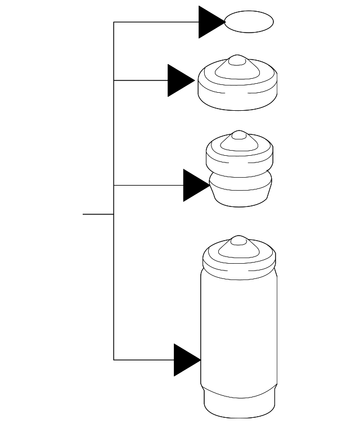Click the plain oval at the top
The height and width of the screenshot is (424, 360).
[x=249, y=22]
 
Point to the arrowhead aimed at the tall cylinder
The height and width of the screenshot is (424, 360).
[x=186, y=359]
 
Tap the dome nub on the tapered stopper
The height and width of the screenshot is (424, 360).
[x=240, y=136]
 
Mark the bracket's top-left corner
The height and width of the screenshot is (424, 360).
[x=114, y=22]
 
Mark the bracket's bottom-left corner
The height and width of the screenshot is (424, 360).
[x=114, y=359]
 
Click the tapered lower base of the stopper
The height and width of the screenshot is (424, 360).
[x=240, y=194]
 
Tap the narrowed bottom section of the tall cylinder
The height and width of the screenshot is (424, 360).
[x=240, y=402]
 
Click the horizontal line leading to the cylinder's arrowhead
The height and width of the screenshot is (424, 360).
[x=144, y=359]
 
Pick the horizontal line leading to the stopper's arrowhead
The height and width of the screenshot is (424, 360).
[x=148, y=185]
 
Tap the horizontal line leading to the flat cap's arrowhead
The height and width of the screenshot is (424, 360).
[x=141, y=80]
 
